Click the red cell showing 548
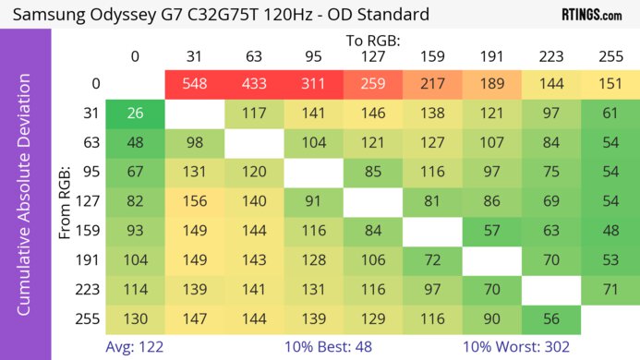(x=194, y=84)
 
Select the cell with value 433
(x=254, y=84)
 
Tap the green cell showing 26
(x=135, y=114)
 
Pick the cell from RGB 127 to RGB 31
(x=194, y=202)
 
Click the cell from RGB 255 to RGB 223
(x=551, y=319)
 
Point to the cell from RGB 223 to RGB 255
(x=610, y=290)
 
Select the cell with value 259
(x=373, y=84)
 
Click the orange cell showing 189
(x=492, y=84)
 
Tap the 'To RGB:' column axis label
(x=373, y=41)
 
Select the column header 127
(x=373, y=56)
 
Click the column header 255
(x=610, y=56)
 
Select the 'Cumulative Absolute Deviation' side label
(x=25, y=202)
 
